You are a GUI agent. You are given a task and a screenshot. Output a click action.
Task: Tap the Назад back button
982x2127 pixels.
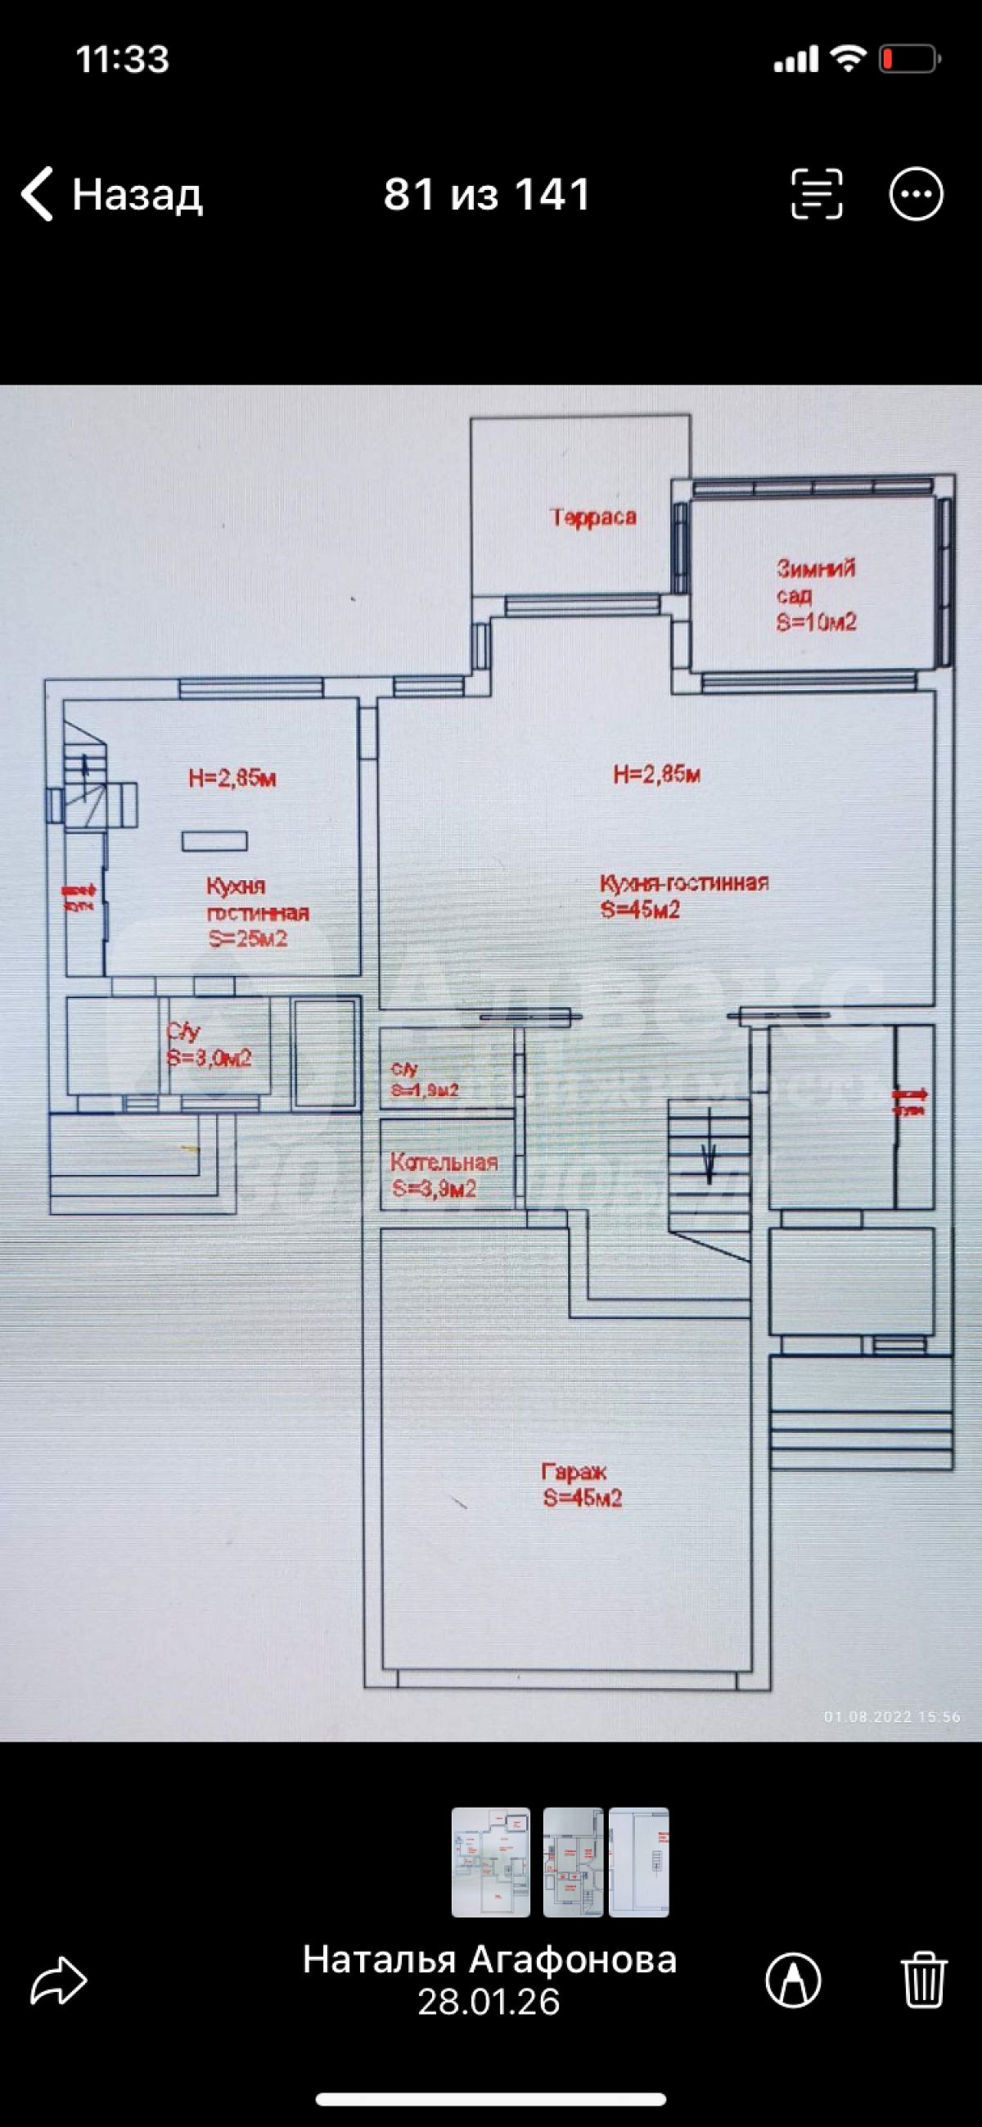111,194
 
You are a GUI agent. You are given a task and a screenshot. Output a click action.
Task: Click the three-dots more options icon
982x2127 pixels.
915,194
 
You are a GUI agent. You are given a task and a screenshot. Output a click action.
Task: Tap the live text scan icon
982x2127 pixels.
816,194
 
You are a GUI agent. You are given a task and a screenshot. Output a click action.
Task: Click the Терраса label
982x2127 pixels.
593,517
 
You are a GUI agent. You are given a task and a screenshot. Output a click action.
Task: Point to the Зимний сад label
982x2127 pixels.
814,581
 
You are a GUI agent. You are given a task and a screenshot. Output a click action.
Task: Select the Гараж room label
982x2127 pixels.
574,1471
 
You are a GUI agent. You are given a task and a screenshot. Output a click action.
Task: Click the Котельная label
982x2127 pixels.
444,1163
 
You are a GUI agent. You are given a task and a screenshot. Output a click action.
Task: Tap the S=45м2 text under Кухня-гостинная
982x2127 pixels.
641,910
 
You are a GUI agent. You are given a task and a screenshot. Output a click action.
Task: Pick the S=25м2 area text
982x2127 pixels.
248,939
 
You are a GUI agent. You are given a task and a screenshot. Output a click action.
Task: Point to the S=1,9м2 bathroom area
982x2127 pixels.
425,1090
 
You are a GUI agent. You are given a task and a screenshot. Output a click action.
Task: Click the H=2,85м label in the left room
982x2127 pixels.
232,778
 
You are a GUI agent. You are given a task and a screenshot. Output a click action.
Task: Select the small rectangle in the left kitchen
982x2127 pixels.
214,841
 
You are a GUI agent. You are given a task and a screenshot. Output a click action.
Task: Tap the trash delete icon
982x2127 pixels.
923,1980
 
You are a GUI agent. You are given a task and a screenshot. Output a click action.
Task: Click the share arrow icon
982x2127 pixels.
59,1980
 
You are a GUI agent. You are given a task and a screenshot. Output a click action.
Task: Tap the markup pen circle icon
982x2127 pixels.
793,1980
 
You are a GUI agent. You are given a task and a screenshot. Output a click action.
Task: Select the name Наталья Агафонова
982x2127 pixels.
489,1958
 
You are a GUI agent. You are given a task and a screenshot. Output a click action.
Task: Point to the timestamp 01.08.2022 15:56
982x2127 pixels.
892,1717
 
